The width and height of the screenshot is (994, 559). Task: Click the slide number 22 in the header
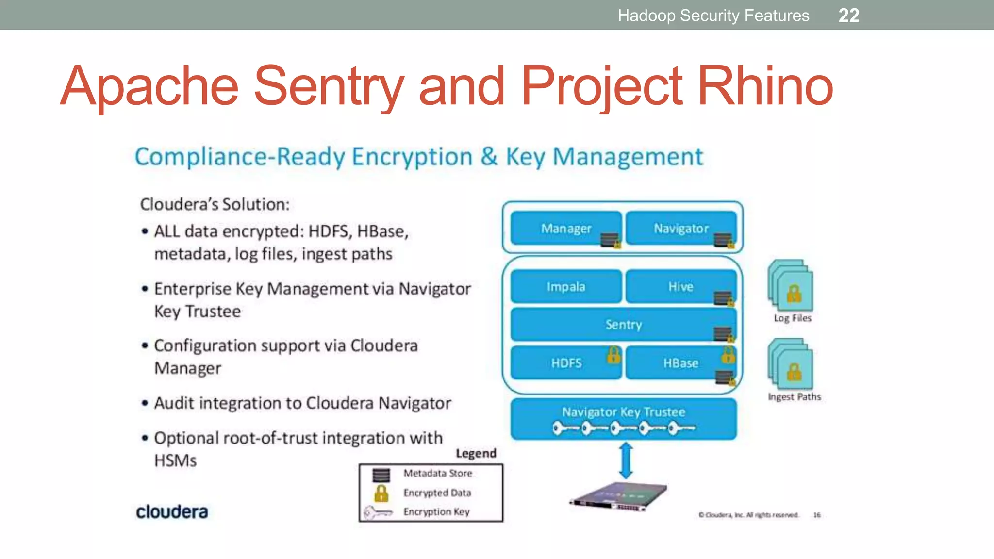[x=849, y=16]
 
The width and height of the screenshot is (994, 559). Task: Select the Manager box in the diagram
[x=566, y=228]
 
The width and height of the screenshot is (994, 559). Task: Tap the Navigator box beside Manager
[x=680, y=228]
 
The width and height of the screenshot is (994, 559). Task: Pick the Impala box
[x=566, y=287]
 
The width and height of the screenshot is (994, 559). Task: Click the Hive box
[x=680, y=287]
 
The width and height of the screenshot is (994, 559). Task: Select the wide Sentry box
[x=623, y=324]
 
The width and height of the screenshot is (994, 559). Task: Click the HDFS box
[x=566, y=363]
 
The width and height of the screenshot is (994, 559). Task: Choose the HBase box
[x=680, y=363]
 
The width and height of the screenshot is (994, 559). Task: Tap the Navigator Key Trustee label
[x=623, y=412]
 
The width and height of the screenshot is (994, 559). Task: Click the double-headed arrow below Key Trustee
[x=626, y=460]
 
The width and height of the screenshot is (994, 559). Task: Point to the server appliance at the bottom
[x=619, y=498]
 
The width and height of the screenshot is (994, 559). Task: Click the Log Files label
[x=792, y=318]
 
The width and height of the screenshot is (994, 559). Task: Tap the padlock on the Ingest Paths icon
[x=794, y=373]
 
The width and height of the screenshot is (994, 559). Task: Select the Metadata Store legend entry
[x=437, y=473]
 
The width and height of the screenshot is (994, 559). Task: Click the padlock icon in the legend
[x=381, y=493]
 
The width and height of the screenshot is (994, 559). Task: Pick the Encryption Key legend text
[x=436, y=512]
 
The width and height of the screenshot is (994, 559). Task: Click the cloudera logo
[x=172, y=512]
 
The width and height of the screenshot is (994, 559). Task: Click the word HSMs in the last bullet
[x=175, y=460]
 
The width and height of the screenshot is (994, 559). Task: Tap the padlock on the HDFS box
[x=613, y=355]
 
